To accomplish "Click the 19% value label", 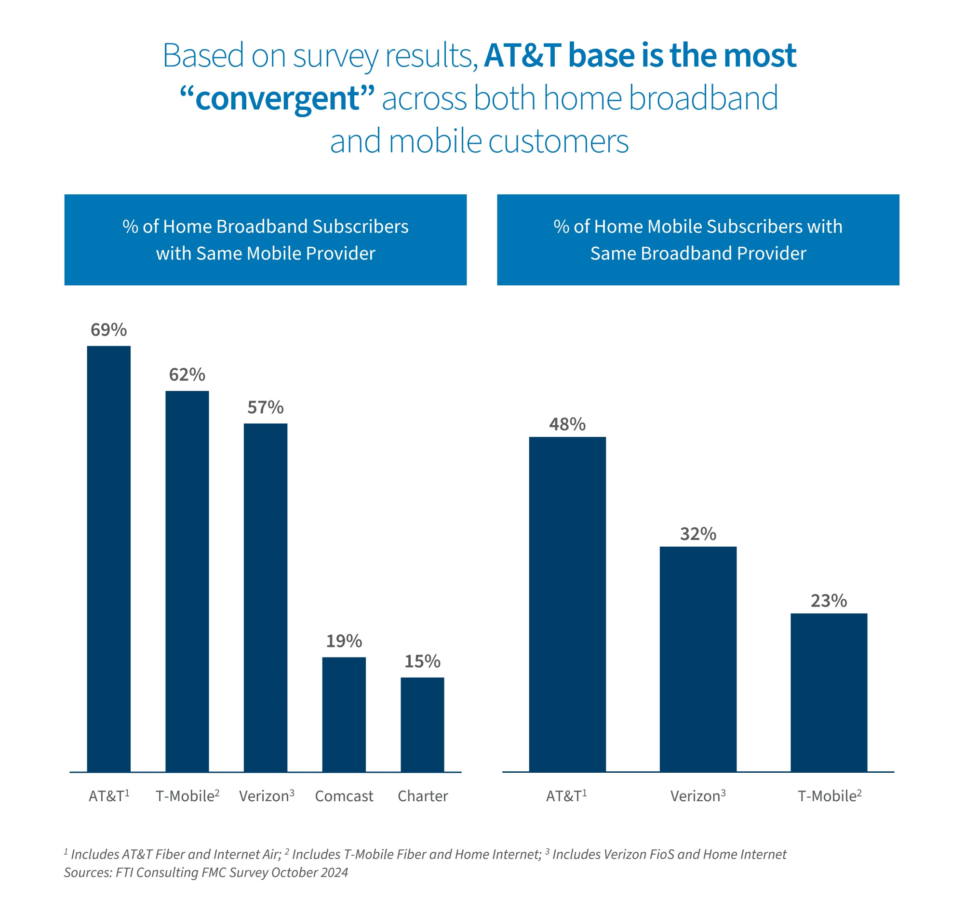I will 344,641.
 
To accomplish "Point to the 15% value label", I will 422,661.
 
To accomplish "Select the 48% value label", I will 567,424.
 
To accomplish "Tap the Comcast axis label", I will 344,796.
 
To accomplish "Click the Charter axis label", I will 422,796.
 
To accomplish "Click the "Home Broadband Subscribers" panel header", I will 266,240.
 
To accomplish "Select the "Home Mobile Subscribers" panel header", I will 698,240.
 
